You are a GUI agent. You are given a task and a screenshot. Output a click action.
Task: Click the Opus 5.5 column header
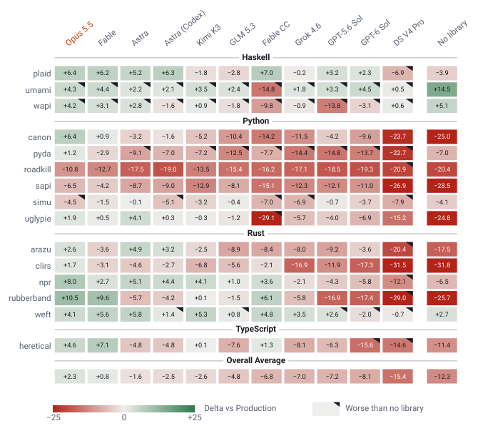(79, 34)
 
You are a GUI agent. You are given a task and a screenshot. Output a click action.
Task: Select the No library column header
(452, 33)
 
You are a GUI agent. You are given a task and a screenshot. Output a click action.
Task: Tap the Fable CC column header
(276, 34)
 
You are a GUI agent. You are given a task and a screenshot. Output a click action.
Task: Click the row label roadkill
(38, 169)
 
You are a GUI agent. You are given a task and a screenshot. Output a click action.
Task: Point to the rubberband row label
(29, 298)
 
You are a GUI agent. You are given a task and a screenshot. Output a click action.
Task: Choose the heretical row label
(35, 346)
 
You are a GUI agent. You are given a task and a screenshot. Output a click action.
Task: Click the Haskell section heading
(256, 57)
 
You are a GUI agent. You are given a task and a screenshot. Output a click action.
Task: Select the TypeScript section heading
(256, 329)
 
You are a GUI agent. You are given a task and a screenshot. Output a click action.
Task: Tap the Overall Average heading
(256, 360)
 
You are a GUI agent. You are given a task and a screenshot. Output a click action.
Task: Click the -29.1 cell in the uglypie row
(266, 218)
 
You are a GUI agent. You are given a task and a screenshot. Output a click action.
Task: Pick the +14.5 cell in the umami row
(442, 89)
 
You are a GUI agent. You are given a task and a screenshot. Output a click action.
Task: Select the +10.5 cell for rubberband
(70, 298)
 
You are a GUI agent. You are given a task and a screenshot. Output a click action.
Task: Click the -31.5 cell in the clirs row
(397, 265)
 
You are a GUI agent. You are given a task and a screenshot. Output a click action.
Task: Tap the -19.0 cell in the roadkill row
(168, 169)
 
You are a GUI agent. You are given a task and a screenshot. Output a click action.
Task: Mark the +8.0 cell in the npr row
(70, 282)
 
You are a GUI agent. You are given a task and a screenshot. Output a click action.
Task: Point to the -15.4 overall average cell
(397, 377)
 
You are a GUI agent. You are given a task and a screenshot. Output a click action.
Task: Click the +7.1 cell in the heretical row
(103, 345)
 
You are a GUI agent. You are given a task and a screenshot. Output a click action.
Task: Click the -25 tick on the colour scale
(54, 417)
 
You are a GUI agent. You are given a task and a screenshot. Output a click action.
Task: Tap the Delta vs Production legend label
(240, 408)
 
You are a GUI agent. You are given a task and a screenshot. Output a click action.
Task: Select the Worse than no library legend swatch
(326, 409)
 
